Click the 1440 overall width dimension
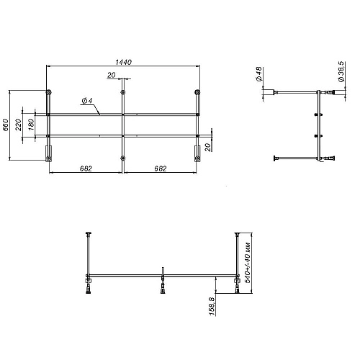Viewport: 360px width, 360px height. [122, 63]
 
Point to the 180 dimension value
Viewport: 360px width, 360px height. [31, 125]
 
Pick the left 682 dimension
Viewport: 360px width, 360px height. [85, 168]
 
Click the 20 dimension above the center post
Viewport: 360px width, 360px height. [112, 75]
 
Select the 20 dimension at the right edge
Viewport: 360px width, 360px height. [207, 147]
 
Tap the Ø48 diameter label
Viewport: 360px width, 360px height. [258, 75]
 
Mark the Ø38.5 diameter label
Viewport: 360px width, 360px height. [338, 72]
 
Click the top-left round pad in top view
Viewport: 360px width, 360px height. [48, 92]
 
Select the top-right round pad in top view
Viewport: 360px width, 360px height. [197, 92]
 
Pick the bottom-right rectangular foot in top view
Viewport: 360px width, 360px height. [197, 153]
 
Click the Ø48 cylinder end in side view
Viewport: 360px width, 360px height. [276, 91]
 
